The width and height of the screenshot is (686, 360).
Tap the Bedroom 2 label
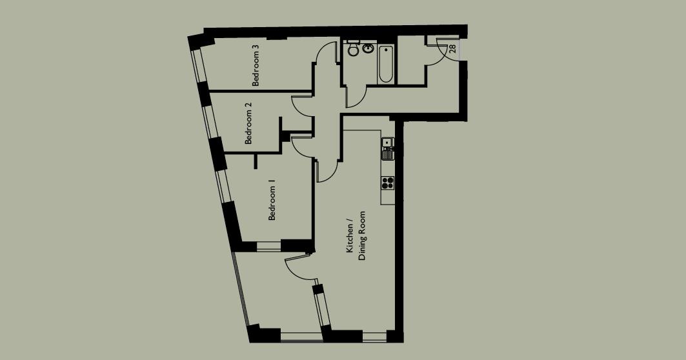(248, 123)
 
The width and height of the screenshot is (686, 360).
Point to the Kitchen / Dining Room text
(356, 235)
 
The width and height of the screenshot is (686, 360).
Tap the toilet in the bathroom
(352, 48)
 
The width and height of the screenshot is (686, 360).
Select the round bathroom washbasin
(368, 48)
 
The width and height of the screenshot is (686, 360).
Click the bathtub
(385, 64)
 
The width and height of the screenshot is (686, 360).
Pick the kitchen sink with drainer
(388, 149)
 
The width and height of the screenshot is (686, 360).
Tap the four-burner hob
(388, 183)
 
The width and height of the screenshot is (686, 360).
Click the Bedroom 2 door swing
(303, 106)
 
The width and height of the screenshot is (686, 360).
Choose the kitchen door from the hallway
(327, 170)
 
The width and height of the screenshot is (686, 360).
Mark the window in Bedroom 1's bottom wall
(268, 246)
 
